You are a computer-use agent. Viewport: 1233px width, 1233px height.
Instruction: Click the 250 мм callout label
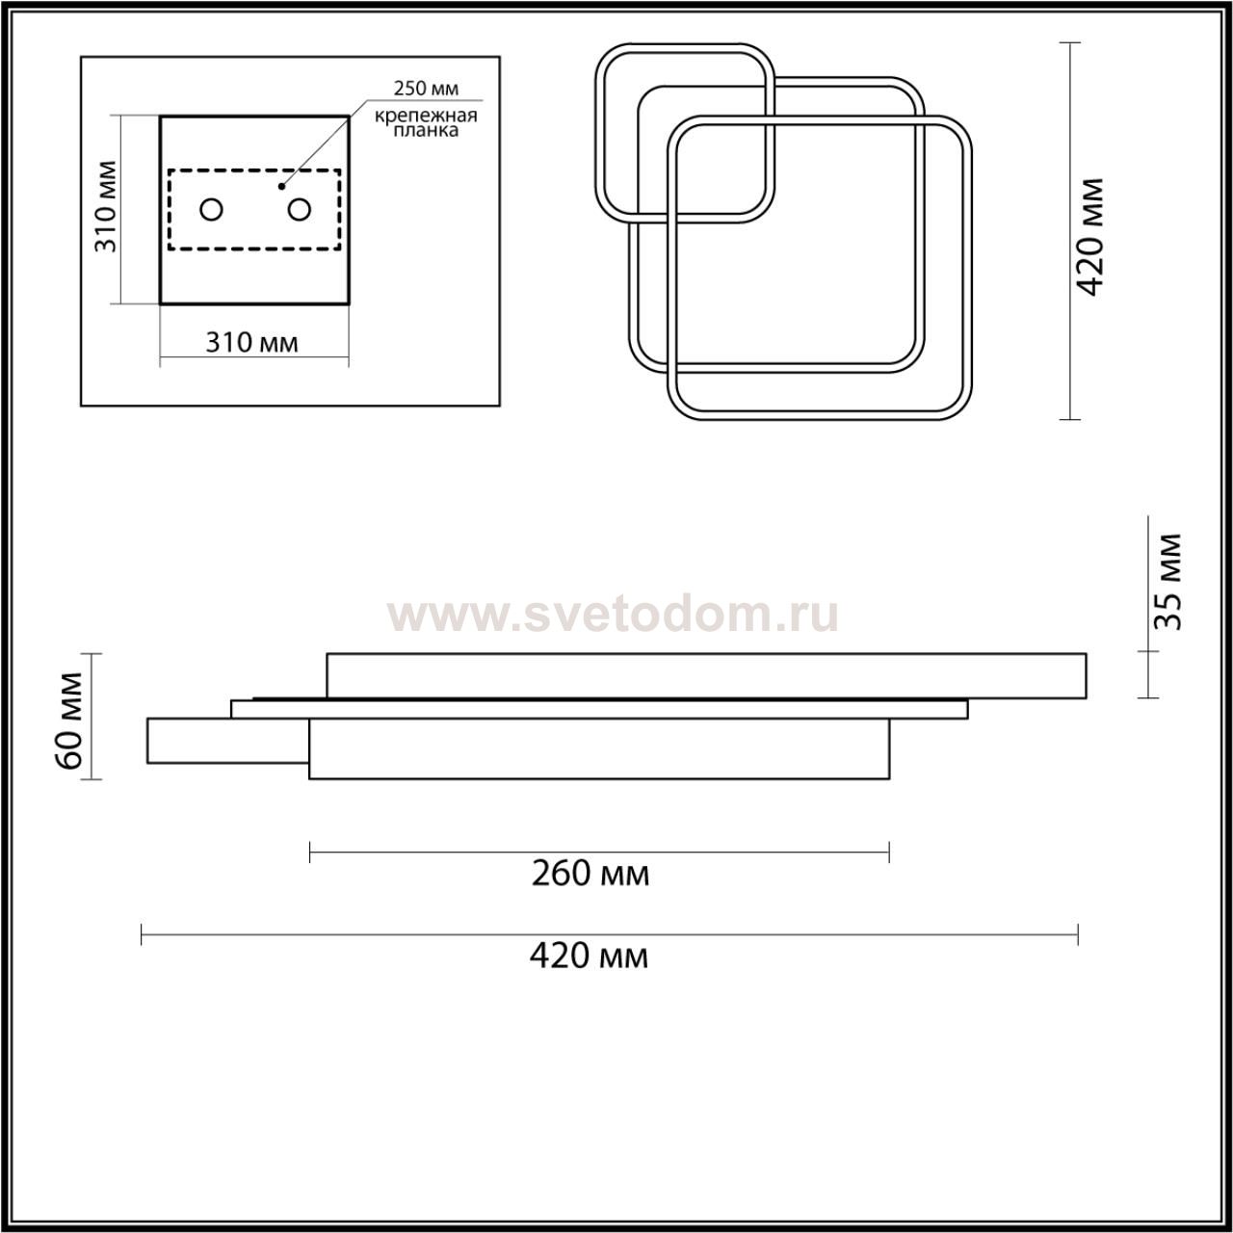426,89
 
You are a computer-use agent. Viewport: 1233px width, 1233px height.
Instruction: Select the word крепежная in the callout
426,116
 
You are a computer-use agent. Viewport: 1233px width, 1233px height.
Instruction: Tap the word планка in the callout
426,131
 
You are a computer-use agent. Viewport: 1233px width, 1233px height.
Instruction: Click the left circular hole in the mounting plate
211,209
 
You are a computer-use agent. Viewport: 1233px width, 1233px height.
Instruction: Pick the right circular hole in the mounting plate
300,209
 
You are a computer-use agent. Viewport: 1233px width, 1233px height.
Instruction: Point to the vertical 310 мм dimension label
106,206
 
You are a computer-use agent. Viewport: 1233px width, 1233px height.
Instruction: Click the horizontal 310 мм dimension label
251,343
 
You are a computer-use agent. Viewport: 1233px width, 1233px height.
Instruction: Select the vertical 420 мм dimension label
1090,237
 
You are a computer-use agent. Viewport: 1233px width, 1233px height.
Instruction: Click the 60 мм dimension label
67,721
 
